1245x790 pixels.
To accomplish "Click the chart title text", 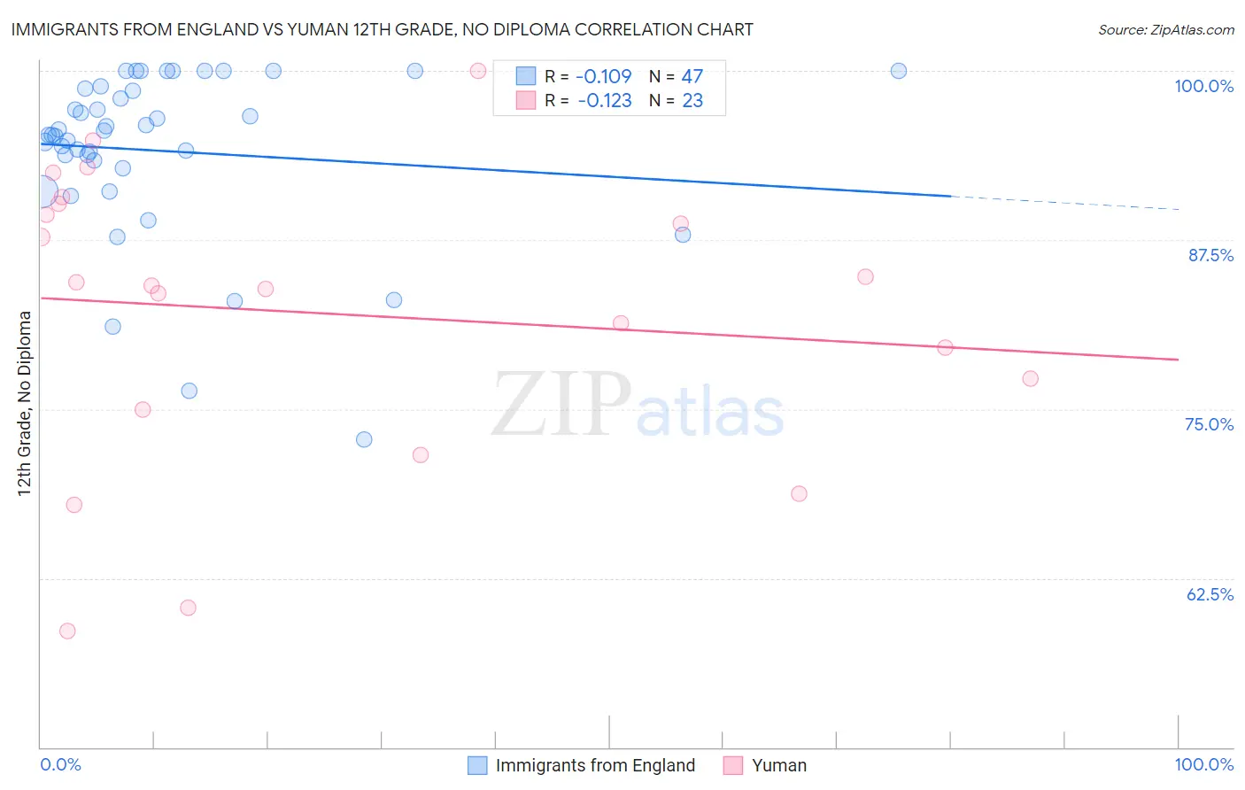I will [382, 29].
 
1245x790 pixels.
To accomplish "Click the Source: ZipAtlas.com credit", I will [1165, 30].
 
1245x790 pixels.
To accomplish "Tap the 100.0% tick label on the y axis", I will [1203, 86].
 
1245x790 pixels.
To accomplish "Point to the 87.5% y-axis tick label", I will [1210, 255].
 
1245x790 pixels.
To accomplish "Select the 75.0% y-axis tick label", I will [1209, 424].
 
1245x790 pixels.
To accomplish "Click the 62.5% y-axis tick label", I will [1210, 594].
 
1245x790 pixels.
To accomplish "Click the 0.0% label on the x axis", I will [61, 764].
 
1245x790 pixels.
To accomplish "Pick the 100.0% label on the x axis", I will [1203, 764].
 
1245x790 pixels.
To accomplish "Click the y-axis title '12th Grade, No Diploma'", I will [25, 403].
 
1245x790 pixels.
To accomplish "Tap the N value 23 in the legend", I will [692, 101].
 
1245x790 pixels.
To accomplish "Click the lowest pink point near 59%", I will [67, 631].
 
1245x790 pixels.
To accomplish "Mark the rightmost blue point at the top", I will [899, 71].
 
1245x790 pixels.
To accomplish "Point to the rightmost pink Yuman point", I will [1030, 379].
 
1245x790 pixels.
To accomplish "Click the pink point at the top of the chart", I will [478, 71].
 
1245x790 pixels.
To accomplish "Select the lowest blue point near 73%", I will [364, 439].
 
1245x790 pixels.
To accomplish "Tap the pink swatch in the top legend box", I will [526, 100].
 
